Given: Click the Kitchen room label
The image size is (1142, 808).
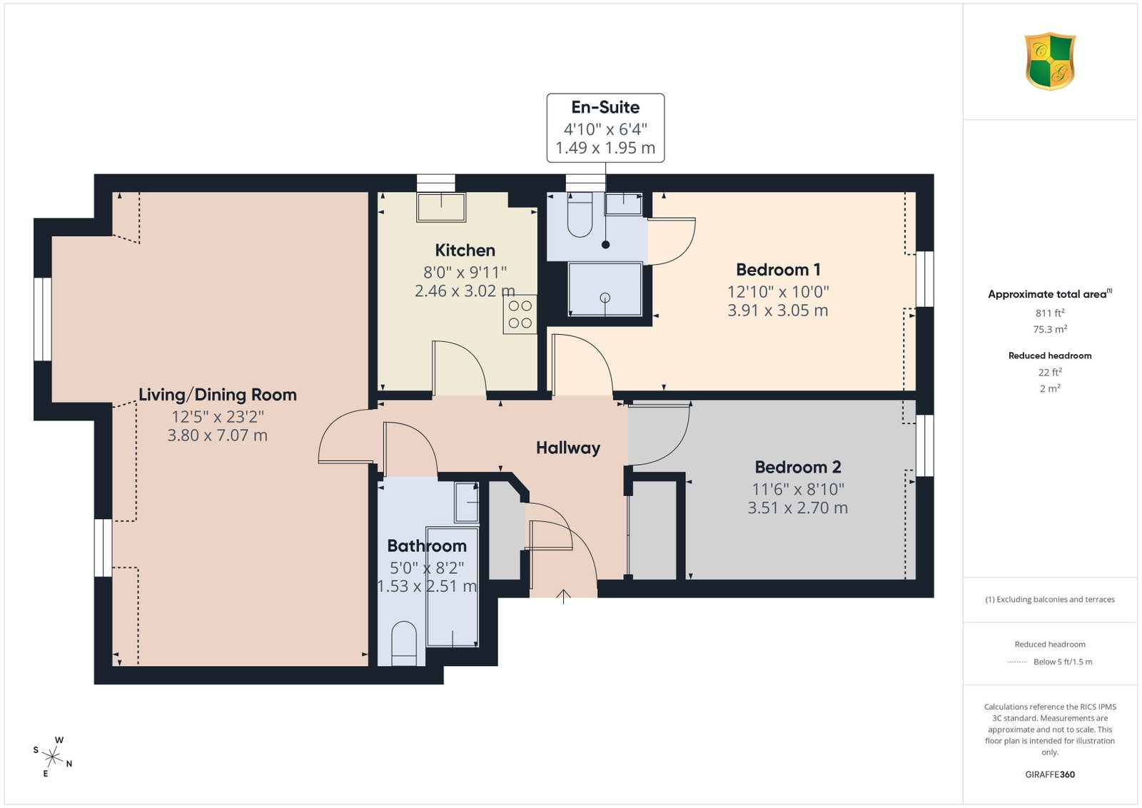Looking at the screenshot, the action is pyautogui.click(x=465, y=251).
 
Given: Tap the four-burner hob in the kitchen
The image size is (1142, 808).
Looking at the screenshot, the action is pyautogui.click(x=520, y=315).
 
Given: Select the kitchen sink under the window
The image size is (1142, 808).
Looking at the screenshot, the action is pyautogui.click(x=441, y=207).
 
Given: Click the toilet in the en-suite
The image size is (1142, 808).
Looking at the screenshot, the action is pyautogui.click(x=580, y=215).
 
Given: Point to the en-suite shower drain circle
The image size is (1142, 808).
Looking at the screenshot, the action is pyautogui.click(x=605, y=298).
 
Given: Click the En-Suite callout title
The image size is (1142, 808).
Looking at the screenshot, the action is pyautogui.click(x=605, y=107).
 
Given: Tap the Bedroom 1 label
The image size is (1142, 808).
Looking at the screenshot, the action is pyautogui.click(x=778, y=269).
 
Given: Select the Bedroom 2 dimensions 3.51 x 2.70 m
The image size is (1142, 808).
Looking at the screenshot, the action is pyautogui.click(x=798, y=507).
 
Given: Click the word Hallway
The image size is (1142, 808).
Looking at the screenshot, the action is pyautogui.click(x=568, y=448).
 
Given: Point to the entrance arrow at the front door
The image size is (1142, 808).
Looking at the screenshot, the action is pyautogui.click(x=563, y=597).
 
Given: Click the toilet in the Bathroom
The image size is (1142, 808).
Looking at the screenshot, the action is pyautogui.click(x=404, y=643).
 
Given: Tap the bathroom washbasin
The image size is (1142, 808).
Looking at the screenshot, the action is pyautogui.click(x=467, y=503).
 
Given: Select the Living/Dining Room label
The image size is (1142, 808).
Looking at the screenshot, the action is pyautogui.click(x=218, y=395).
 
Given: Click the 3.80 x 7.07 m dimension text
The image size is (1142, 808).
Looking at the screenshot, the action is pyautogui.click(x=218, y=435).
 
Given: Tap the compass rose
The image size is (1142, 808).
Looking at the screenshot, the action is pyautogui.click(x=53, y=757).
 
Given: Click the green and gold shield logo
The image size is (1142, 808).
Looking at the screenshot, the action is pyautogui.click(x=1050, y=61).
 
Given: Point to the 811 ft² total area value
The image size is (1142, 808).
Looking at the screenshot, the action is pyautogui.click(x=1050, y=313).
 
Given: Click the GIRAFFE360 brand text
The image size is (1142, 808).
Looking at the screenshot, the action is pyautogui.click(x=1050, y=774).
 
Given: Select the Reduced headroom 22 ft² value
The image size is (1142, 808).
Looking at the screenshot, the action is pyautogui.click(x=1050, y=372).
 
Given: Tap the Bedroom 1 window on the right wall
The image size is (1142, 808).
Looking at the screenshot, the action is pyautogui.click(x=925, y=279).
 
